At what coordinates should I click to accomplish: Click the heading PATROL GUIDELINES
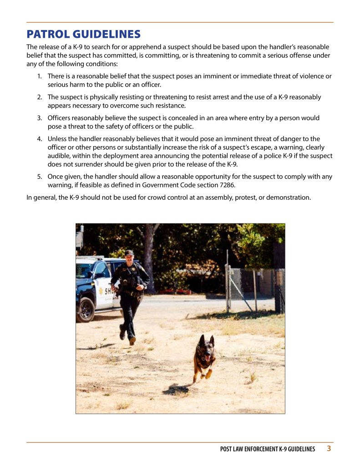(83, 34)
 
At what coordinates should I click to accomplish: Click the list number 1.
(39, 76)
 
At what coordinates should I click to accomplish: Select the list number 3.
(39, 118)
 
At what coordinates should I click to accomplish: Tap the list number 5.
(39, 177)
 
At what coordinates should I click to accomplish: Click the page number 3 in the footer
(329, 448)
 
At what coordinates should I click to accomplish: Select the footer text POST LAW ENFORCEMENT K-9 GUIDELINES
(267, 449)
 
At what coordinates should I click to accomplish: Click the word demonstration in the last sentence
(289, 198)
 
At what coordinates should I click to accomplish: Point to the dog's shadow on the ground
(177, 389)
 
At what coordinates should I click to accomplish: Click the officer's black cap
(129, 253)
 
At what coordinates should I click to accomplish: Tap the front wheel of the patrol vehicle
(86, 309)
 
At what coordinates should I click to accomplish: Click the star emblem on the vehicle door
(100, 291)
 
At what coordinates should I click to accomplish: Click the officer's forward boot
(132, 340)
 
